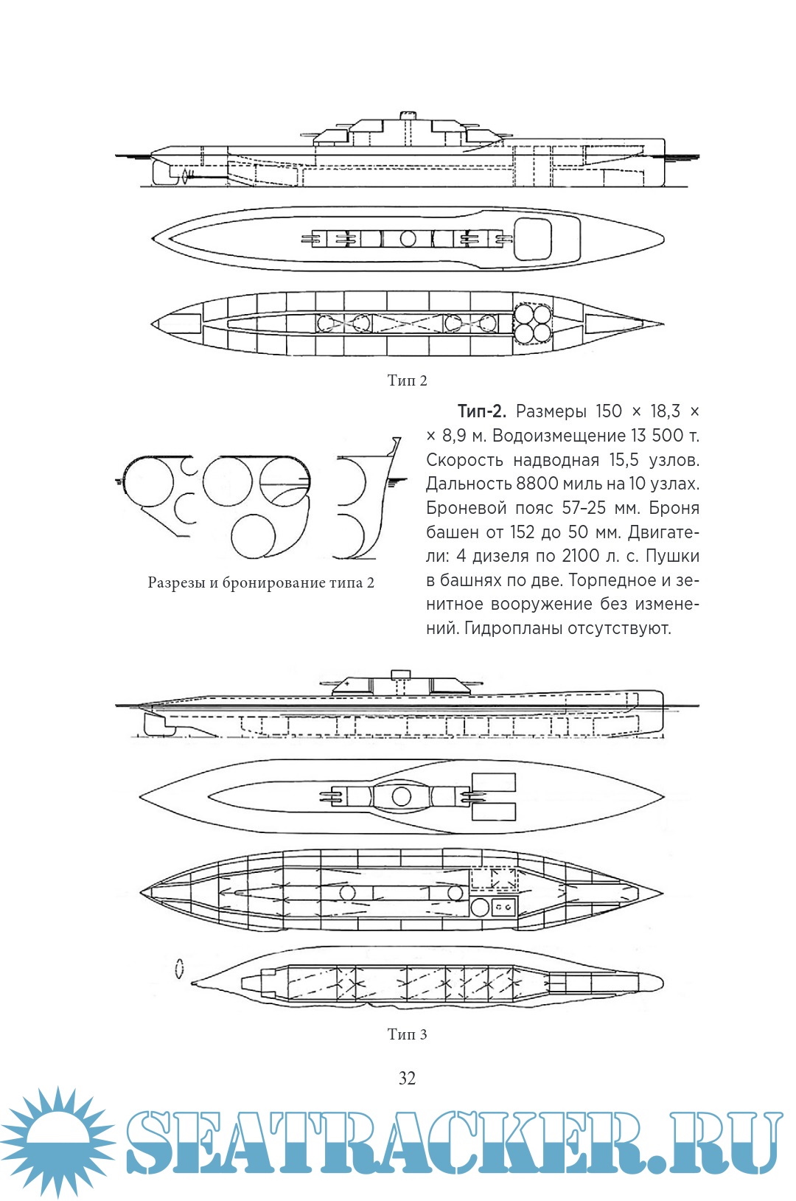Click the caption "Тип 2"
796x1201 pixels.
point(407,380)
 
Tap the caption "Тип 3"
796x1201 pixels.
point(407,1034)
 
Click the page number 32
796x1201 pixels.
point(407,1078)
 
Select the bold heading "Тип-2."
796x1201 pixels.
point(481,411)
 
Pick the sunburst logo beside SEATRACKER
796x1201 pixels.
point(57,1141)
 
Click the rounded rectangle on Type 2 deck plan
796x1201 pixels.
point(532,239)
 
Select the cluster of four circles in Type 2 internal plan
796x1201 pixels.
point(533,324)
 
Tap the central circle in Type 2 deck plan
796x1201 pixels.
point(408,239)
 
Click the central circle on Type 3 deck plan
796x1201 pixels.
point(402,796)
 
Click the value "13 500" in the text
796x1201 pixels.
point(658,436)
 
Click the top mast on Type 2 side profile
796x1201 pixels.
point(407,116)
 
